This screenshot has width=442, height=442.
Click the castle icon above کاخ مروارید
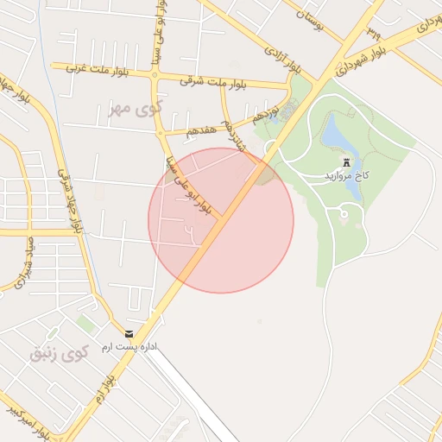(x=347, y=162)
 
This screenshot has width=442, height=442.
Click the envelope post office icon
(x=129, y=333)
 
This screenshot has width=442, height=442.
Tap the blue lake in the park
(x=331, y=135)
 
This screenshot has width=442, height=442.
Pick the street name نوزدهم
(x=266, y=113)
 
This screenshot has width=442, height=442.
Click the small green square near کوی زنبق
(x=85, y=324)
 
